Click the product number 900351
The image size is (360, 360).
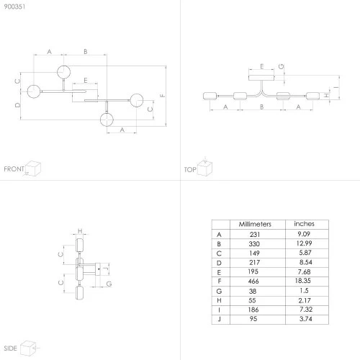coord(14,6)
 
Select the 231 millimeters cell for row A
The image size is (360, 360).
coord(255,234)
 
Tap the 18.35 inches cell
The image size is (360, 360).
coord(303,281)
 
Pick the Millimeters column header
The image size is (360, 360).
coord(255,224)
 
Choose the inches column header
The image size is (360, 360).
coord(304,224)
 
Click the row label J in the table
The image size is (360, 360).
coord(219,319)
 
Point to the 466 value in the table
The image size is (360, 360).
coord(253,281)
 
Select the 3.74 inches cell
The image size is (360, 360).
coord(305,319)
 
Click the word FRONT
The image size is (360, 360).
coord(14,169)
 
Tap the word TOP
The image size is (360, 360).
coord(190,170)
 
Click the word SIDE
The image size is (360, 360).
coord(10,348)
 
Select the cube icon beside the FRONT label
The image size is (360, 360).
coord(33,168)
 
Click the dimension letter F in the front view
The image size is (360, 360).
coord(162,96)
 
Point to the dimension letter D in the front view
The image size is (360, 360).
coord(17,105)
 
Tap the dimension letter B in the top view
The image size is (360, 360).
coord(262,107)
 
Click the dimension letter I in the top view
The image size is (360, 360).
coord(336,87)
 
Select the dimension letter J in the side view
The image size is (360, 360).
coord(106,268)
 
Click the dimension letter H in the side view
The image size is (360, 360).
coord(80,231)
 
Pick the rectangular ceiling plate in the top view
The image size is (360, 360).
coord(261,78)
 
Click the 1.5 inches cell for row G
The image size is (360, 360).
coord(304,290)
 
